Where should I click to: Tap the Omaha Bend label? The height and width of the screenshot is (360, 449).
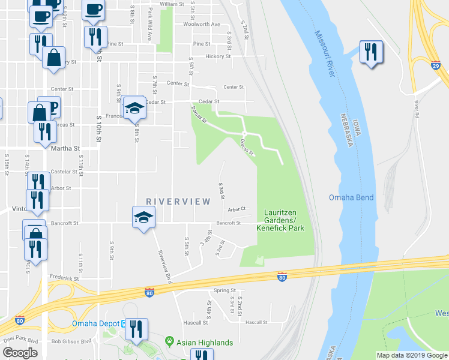(x=351, y=197)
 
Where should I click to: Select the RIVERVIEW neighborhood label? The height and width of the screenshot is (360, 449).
(x=178, y=202)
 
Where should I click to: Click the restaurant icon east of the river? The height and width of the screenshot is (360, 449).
(x=370, y=52)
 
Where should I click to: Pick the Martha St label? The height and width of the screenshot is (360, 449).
(x=65, y=148)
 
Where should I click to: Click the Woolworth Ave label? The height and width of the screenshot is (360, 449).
(x=206, y=25)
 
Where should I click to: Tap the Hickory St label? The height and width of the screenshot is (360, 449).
(x=218, y=56)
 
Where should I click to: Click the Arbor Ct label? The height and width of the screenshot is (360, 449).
(x=237, y=209)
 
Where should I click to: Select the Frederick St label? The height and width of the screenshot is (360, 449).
(x=64, y=278)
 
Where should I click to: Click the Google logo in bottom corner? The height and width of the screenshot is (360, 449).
(x=20, y=353)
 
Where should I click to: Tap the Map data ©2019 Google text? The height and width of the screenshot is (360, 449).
(x=411, y=355)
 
